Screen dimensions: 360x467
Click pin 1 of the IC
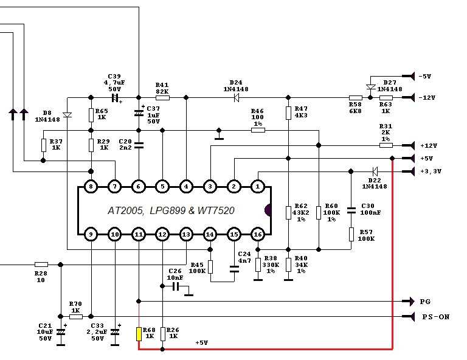[258, 186]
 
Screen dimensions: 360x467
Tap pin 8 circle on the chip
[91, 186]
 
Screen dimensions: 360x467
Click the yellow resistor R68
[139, 334]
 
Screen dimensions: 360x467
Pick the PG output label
[426, 302]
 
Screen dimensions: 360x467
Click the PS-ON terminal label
[435, 317]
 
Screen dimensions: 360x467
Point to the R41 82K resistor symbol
[162, 97]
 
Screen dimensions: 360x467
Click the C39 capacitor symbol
[114, 97]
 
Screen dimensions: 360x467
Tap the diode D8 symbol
[67, 115]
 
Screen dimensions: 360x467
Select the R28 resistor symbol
[41, 265]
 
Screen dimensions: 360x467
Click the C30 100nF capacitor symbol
[350, 210]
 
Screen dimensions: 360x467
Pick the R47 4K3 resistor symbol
[288, 114]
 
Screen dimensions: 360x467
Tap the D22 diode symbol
[375, 171]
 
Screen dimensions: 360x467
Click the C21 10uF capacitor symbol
[60, 332]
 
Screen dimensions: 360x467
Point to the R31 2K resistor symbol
[386, 145]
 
